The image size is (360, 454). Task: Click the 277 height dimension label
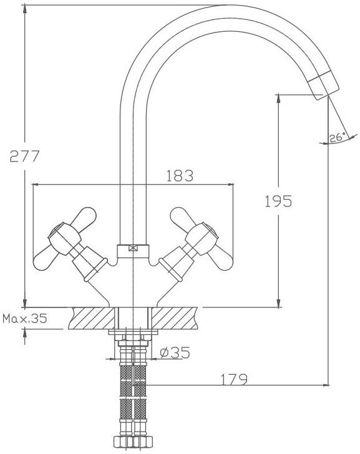pyautogui.click(x=24, y=156)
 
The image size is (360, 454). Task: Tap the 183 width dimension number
pyautogui.click(x=180, y=175)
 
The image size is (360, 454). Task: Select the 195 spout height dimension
pyautogui.click(x=278, y=201)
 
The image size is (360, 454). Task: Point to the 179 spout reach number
pyautogui.click(x=234, y=380)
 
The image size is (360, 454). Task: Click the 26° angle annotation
pyautogui.click(x=338, y=137)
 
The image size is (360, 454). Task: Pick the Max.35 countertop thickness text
pyautogui.click(x=24, y=319)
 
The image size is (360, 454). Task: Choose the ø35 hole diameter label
pyautogui.click(x=175, y=352)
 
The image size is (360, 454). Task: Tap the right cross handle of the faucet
pyautogui.click(x=197, y=243)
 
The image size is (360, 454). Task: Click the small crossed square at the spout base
pyautogui.click(x=133, y=248)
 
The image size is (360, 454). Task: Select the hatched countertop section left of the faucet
pyautogui.click(x=92, y=318)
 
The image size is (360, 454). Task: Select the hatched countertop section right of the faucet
pyautogui.click(x=174, y=318)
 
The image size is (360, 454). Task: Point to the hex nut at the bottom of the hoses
pyautogui.click(x=133, y=442)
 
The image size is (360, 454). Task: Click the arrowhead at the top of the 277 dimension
pyautogui.click(x=25, y=9)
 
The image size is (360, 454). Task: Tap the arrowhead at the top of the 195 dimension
pyautogui.click(x=279, y=98)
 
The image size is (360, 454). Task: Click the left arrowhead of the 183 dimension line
pyautogui.click(x=36, y=184)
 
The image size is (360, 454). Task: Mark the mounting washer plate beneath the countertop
pyautogui.click(x=133, y=332)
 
